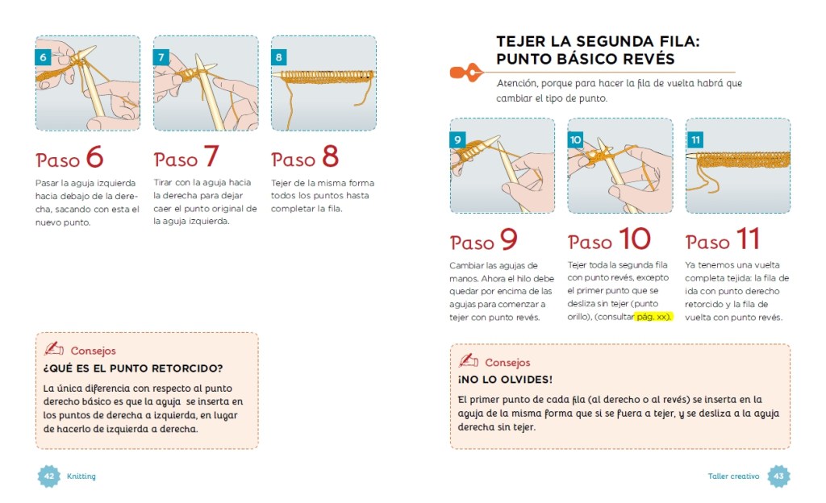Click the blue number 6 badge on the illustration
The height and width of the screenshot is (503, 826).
pyautogui.click(x=44, y=56)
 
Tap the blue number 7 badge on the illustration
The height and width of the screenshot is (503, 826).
pyautogui.click(x=161, y=56)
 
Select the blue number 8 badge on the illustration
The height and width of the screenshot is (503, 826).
pyautogui.click(x=278, y=56)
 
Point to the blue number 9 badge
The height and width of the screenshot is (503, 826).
pyautogui.click(x=457, y=139)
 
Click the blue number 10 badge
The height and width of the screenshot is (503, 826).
pyautogui.click(x=575, y=139)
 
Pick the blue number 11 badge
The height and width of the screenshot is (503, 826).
pyautogui.click(x=695, y=139)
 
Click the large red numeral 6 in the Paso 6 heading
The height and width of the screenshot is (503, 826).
pyautogui.click(x=95, y=156)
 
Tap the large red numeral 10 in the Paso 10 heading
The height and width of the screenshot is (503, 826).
pyautogui.click(x=635, y=239)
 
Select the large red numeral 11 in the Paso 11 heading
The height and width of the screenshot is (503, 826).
pyautogui.click(x=748, y=239)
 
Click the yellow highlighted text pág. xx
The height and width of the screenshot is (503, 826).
pyautogui.click(x=653, y=317)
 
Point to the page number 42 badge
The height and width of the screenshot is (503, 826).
pyautogui.click(x=49, y=476)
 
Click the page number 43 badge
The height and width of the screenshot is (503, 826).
pyautogui.click(x=778, y=476)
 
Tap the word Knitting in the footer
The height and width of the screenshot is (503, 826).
pyautogui.click(x=81, y=476)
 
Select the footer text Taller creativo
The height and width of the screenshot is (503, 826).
pyautogui.click(x=733, y=476)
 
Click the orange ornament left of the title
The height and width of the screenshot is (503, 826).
pyautogui.click(x=466, y=72)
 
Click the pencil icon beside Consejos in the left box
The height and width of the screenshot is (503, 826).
pyautogui.click(x=53, y=348)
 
